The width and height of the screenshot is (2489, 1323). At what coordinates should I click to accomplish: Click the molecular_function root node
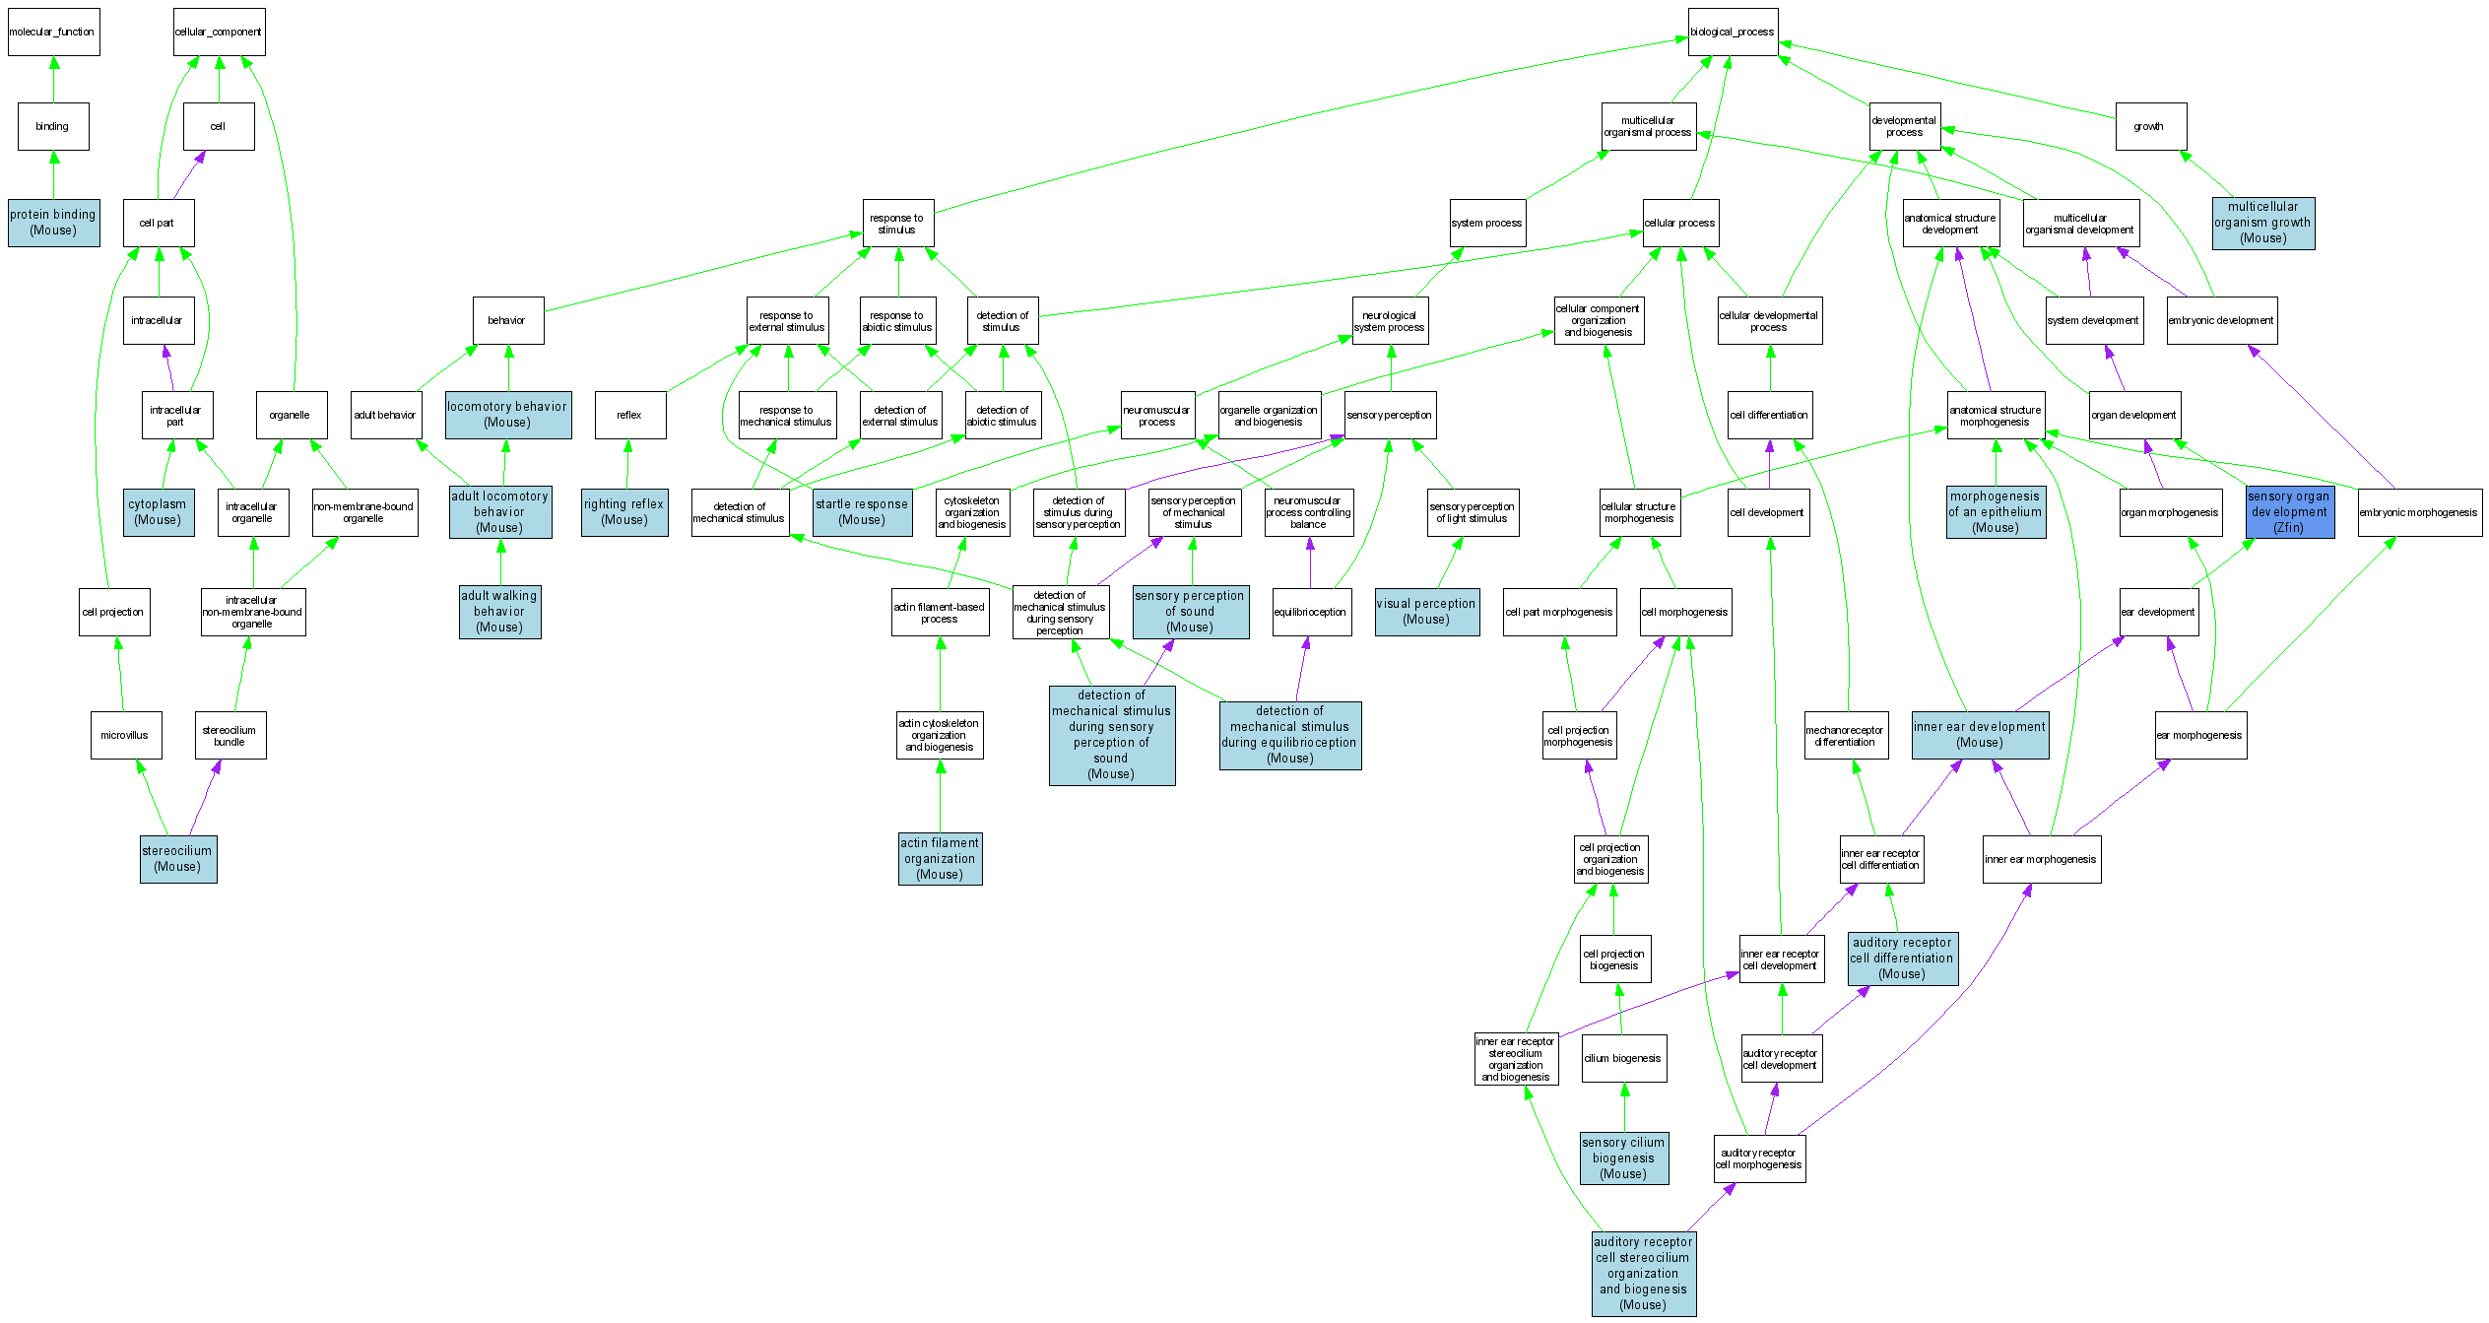point(53,33)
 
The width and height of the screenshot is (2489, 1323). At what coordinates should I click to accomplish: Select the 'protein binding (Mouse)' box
point(53,223)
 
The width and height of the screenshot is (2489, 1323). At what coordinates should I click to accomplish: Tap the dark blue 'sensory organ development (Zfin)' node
point(2289,512)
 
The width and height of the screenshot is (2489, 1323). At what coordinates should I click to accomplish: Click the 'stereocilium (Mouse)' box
point(177,859)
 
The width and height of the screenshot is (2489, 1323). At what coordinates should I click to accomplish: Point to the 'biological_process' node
point(1733,33)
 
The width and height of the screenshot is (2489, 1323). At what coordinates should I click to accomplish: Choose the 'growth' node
point(2150,127)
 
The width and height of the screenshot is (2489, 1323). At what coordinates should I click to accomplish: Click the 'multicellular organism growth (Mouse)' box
point(2262,223)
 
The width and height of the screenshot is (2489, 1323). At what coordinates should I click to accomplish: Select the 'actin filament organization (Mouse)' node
point(940,859)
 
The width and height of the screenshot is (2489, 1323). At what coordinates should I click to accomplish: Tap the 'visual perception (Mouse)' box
point(1426,612)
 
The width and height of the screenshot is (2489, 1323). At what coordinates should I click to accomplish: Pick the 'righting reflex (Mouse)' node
point(624,512)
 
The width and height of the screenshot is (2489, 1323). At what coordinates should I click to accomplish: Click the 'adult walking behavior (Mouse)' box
point(499,612)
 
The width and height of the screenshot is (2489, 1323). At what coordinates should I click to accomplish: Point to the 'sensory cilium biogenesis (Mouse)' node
point(1623,1158)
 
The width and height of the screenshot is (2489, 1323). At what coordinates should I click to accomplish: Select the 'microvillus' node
point(125,736)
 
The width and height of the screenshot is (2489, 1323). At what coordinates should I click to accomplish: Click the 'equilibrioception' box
point(1310,612)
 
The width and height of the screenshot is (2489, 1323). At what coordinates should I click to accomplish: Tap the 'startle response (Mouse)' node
point(862,512)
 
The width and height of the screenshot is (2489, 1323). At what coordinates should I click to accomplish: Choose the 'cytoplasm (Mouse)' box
point(158,512)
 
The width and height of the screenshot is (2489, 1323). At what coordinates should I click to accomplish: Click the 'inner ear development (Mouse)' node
point(1980,735)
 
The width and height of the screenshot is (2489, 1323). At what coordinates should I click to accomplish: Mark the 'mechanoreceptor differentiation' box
point(1845,736)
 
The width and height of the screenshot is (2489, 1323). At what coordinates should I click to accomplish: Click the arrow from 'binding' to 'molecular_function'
point(53,79)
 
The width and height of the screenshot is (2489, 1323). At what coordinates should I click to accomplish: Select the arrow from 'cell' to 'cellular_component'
point(219,79)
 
